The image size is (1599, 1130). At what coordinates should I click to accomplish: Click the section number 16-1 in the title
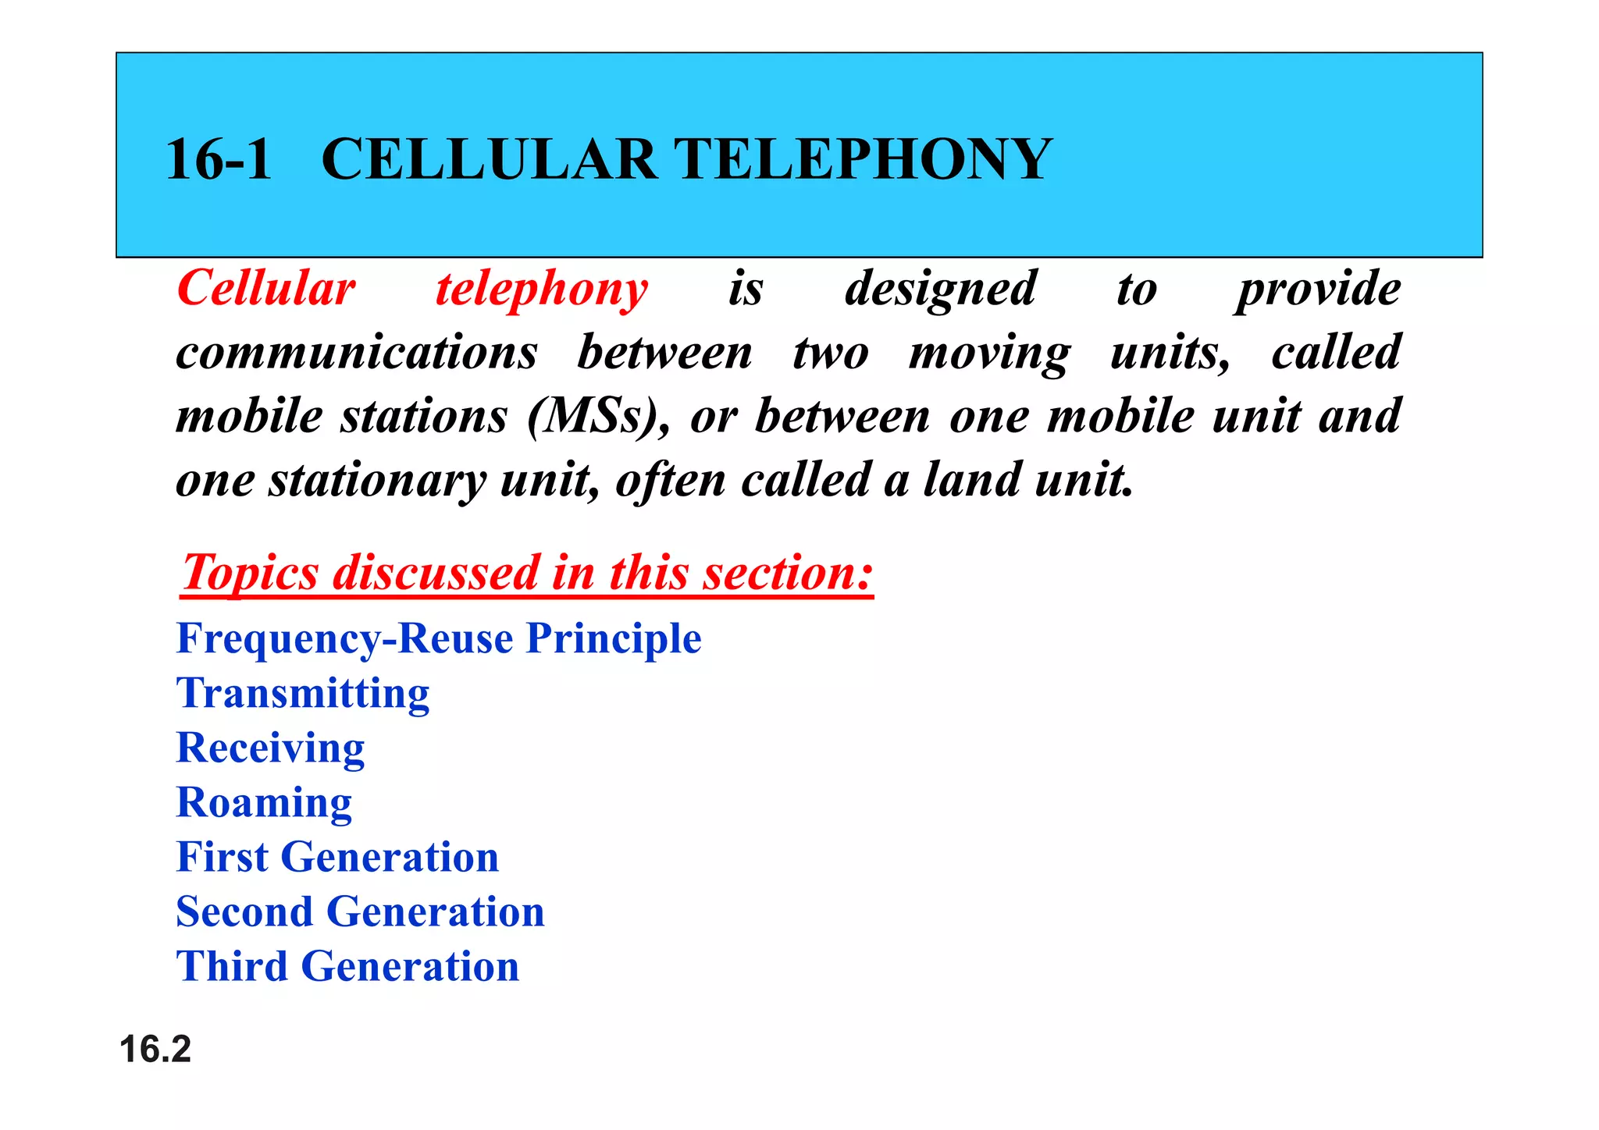pos(219,159)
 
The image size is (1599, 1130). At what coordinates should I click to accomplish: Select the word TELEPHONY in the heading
pos(863,159)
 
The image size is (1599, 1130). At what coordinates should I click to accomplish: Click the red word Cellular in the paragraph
pos(266,288)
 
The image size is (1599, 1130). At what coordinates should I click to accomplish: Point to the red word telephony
pos(542,290)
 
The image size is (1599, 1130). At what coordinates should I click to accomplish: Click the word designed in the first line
pos(940,290)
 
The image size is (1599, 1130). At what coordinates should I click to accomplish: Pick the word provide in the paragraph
pos(1318,290)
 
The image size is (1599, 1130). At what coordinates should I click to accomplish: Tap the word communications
pos(357,353)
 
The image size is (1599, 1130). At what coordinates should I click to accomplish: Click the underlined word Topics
pos(250,573)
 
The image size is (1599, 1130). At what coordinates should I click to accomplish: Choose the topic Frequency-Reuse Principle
pos(439,638)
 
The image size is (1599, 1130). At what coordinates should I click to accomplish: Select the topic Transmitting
pos(303,694)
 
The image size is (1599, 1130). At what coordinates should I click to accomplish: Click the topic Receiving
pos(271,748)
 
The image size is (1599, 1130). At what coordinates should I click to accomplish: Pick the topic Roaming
pos(265,803)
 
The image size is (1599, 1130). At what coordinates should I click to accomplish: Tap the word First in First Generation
pos(223,857)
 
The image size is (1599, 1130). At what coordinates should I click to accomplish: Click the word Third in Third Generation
pos(232,966)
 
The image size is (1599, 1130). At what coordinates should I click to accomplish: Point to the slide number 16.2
pos(155,1049)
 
